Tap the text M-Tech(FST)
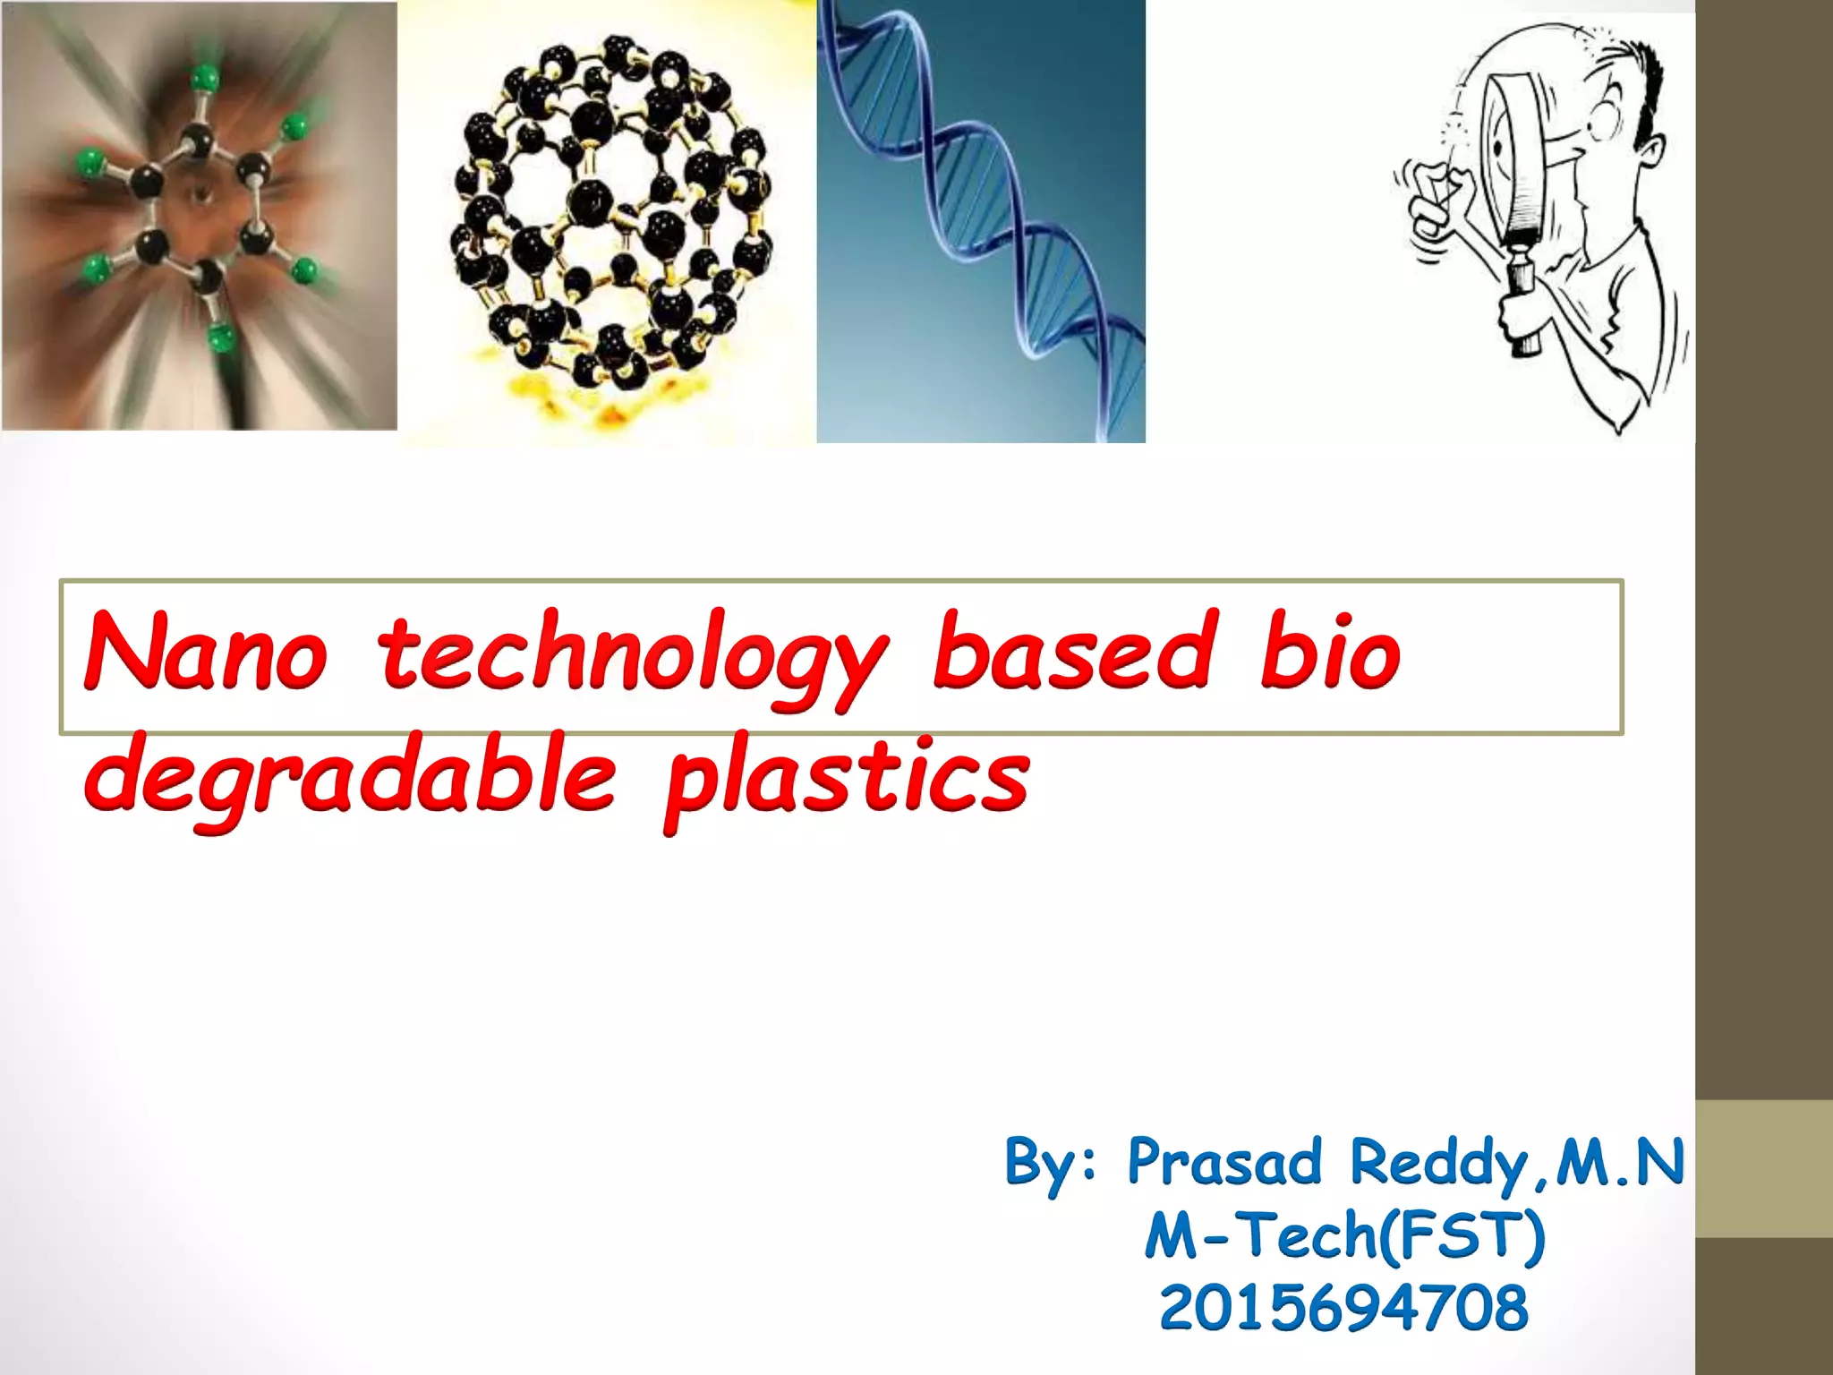1344,1235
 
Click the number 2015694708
1344,1307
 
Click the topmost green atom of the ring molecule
205,77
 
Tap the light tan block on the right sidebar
1763,1168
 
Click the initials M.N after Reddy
1620,1162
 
